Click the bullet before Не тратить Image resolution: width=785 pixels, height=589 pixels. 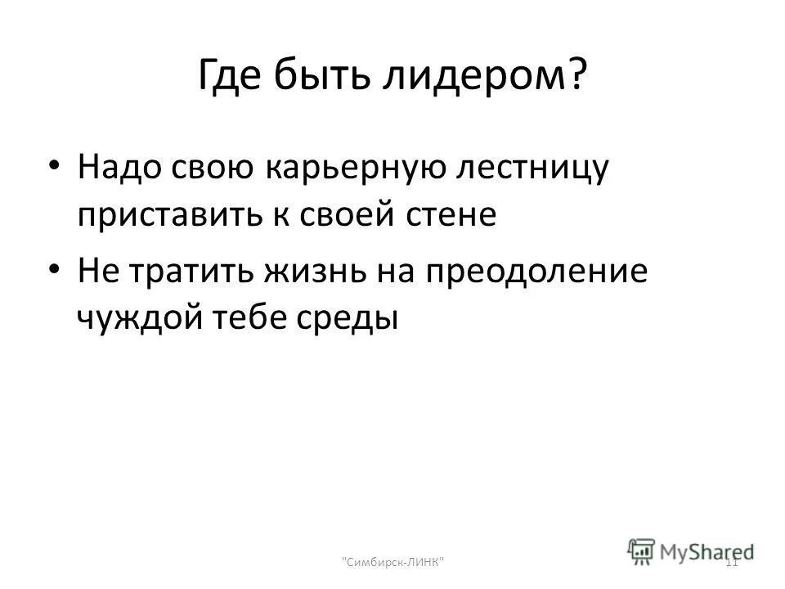54,269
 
